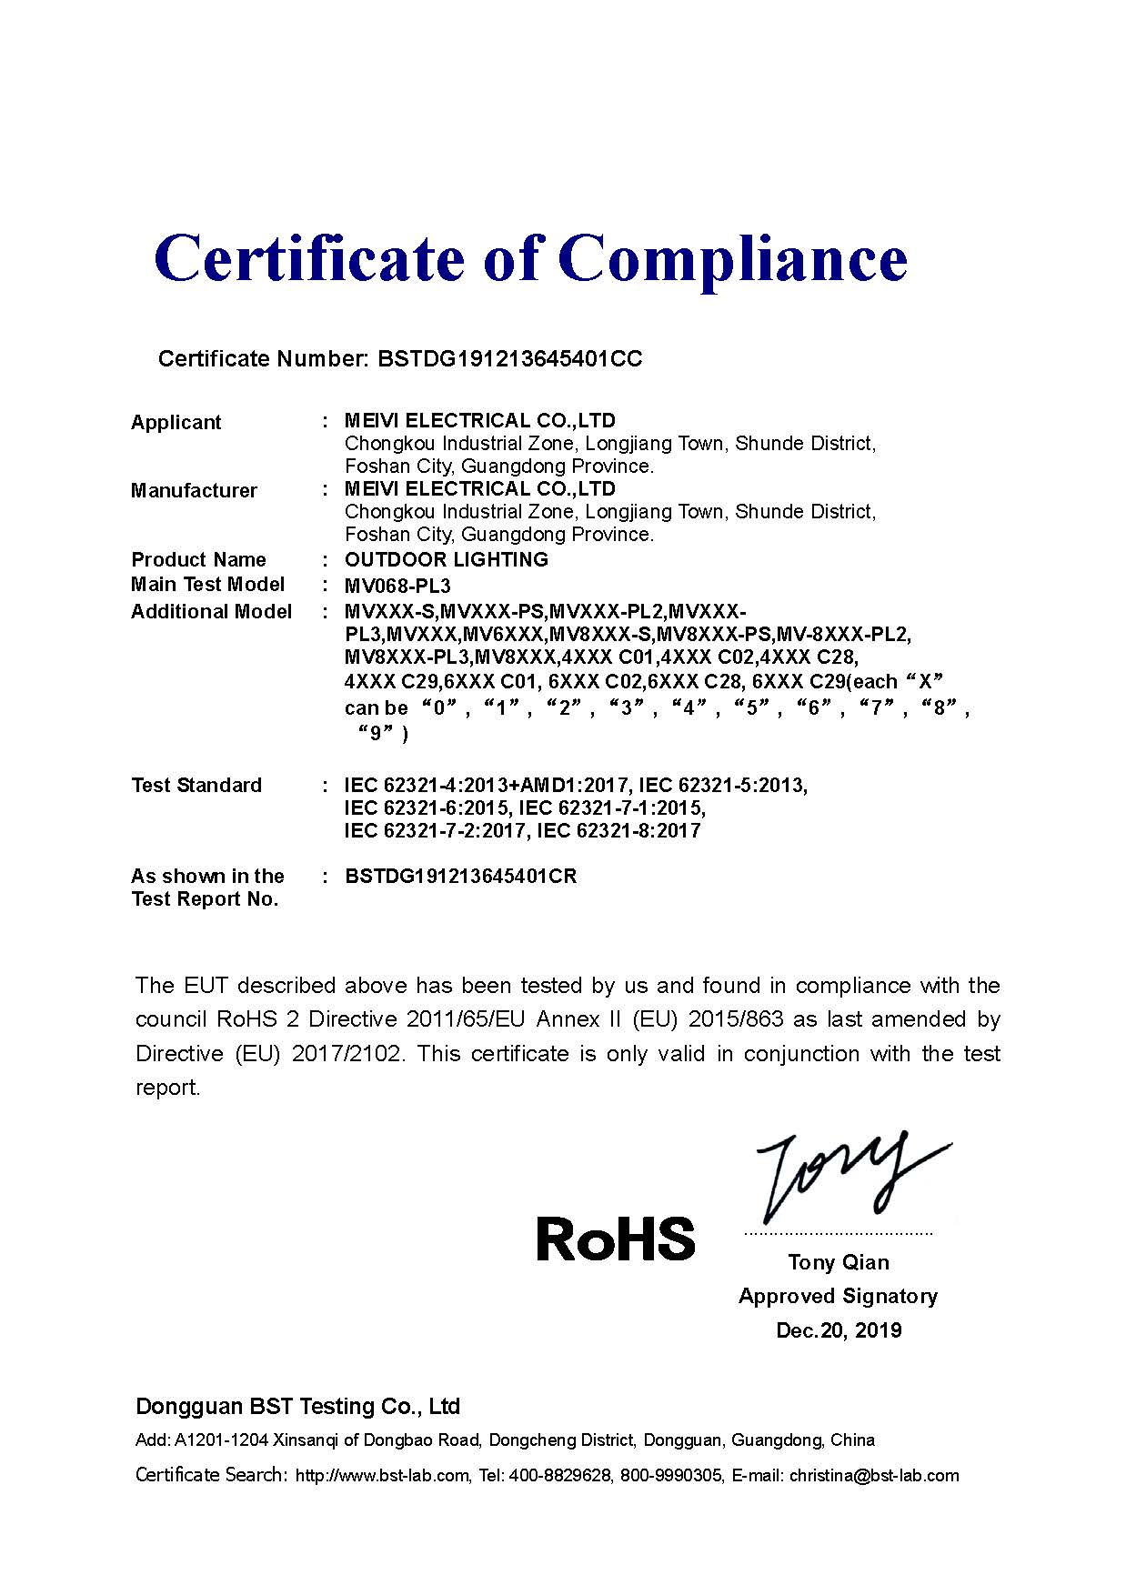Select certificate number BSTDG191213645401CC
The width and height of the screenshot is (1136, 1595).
coord(508,359)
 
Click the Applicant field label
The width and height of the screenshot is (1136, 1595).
coord(176,422)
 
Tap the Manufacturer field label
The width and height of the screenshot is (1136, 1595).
coord(194,491)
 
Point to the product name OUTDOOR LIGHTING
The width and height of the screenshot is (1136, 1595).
coord(446,559)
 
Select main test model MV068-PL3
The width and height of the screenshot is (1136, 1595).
coord(397,585)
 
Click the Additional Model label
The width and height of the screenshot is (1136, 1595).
coord(211,611)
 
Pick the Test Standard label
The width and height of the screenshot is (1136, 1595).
coord(196,785)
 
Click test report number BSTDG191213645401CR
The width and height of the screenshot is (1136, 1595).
coord(460,877)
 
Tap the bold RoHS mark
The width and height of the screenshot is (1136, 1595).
coord(615,1239)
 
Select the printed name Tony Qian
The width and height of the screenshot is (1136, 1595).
coord(838,1262)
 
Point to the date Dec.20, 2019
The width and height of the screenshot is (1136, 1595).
coord(838,1330)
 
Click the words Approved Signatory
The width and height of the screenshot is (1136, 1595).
coord(838,1296)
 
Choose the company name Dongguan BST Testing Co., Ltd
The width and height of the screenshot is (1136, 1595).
coord(297,1407)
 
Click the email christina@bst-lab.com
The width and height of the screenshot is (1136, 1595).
coord(874,1475)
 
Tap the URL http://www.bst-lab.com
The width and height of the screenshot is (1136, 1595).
coord(383,1475)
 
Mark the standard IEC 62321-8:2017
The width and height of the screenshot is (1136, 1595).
coord(618,830)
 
